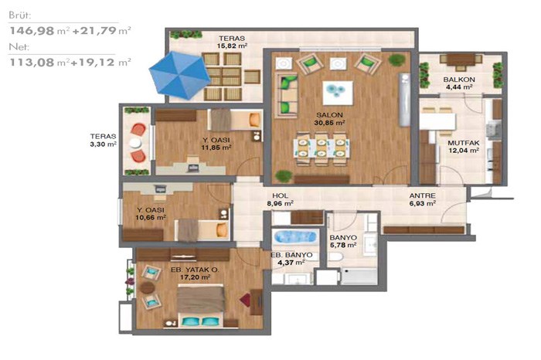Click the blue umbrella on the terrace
pos(180,75)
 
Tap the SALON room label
pos(330,115)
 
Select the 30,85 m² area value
pos(330,123)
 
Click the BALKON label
pos(459,80)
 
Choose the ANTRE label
pos(422,196)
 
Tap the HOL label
pos(280,196)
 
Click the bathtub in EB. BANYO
pos(295,237)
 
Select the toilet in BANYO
pos(335,256)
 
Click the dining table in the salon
pos(322,148)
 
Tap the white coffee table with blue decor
pos(338,93)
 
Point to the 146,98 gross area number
pos(32,31)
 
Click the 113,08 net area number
pos(32,63)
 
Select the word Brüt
pos(19,15)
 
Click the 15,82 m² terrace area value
pos(232,46)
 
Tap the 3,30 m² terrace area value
pos(103,144)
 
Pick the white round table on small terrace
pos(135,143)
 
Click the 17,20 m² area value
pos(196,277)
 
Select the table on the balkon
pos(461,59)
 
